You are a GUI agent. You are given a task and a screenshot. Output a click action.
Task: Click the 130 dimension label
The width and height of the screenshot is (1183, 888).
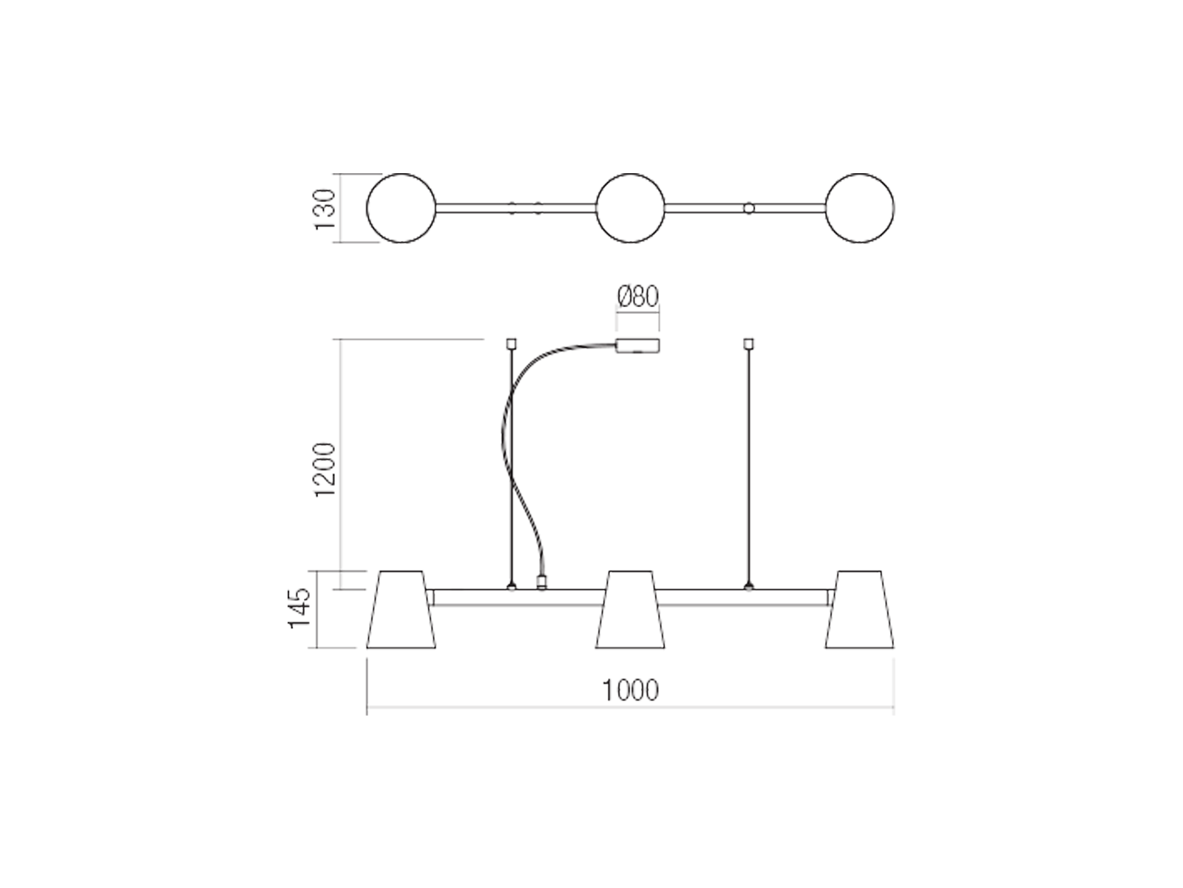click(325, 208)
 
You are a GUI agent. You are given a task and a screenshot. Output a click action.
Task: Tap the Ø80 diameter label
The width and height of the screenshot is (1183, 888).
click(637, 297)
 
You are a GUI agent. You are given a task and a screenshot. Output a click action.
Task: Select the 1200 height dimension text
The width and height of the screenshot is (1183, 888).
click(325, 470)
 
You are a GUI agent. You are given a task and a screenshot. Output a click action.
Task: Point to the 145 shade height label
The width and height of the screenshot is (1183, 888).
click(299, 608)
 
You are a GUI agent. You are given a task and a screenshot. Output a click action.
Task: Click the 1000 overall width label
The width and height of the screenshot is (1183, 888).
click(630, 690)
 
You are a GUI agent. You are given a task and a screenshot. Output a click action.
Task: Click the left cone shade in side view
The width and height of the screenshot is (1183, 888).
click(401, 609)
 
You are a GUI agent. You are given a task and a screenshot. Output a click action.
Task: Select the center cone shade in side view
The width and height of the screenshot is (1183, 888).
click(630, 609)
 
